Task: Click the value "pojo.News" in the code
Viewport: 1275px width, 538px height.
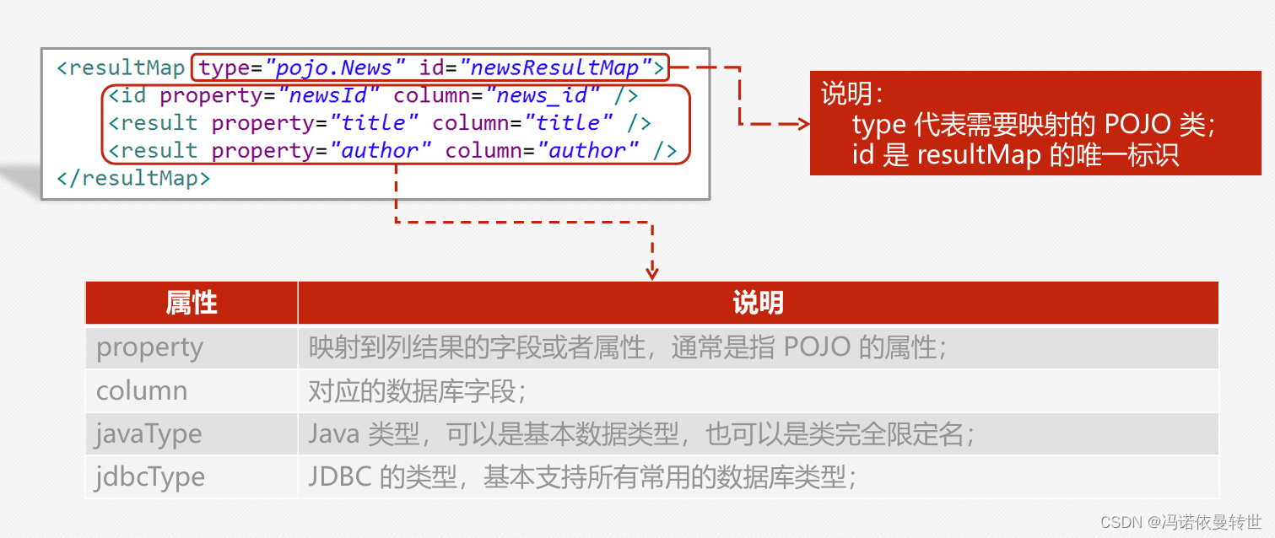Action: [x=335, y=67]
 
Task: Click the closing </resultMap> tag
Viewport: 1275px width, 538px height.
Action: [x=133, y=178]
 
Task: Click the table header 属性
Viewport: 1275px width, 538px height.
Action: [x=192, y=303]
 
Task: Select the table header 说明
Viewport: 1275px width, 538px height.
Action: [x=758, y=303]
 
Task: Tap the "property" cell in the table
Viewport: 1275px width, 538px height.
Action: [x=149, y=347]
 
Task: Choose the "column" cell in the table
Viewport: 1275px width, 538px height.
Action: [x=142, y=390]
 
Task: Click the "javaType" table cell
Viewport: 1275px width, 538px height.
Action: [x=149, y=434]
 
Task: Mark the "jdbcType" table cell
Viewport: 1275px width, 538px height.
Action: [x=150, y=477]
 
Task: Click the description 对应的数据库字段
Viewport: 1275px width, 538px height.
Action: [x=418, y=390]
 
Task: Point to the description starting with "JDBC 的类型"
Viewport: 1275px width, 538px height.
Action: [x=582, y=477]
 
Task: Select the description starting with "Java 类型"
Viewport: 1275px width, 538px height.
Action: [x=641, y=434]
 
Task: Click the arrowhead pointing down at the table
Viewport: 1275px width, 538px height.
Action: [x=651, y=272]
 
